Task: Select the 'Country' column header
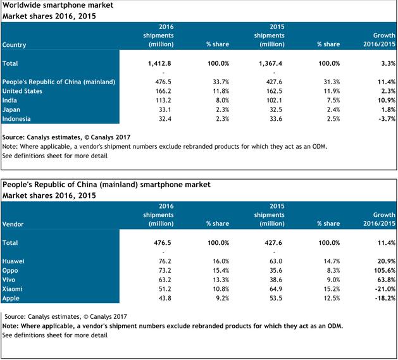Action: point(15,45)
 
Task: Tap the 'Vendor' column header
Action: point(13,223)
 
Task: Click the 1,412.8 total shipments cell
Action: point(160,64)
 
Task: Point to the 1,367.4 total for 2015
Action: point(271,64)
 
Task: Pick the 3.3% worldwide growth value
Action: point(386,64)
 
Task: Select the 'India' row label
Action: point(11,100)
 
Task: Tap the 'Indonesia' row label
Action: point(18,118)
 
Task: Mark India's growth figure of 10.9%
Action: point(384,100)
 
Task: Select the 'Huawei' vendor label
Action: point(15,260)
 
